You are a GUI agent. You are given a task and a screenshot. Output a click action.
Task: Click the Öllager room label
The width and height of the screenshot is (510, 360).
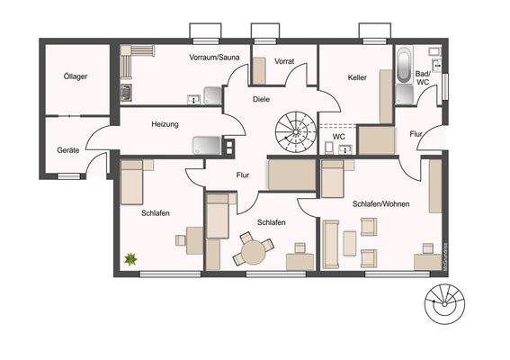tap(76, 77)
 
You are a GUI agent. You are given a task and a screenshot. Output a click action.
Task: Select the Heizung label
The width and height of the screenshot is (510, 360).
tap(165, 123)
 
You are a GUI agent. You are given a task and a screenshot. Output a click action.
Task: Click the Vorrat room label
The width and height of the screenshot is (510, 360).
tap(284, 61)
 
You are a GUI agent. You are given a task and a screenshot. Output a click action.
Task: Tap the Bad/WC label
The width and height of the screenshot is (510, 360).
tap(423, 77)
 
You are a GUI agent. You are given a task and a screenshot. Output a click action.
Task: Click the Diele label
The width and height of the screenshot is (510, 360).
tap(261, 100)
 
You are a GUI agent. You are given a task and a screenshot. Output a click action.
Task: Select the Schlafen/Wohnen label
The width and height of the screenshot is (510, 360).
tap(380, 204)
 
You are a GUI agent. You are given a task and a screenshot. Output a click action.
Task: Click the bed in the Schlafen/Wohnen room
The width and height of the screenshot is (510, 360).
tap(334, 179)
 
